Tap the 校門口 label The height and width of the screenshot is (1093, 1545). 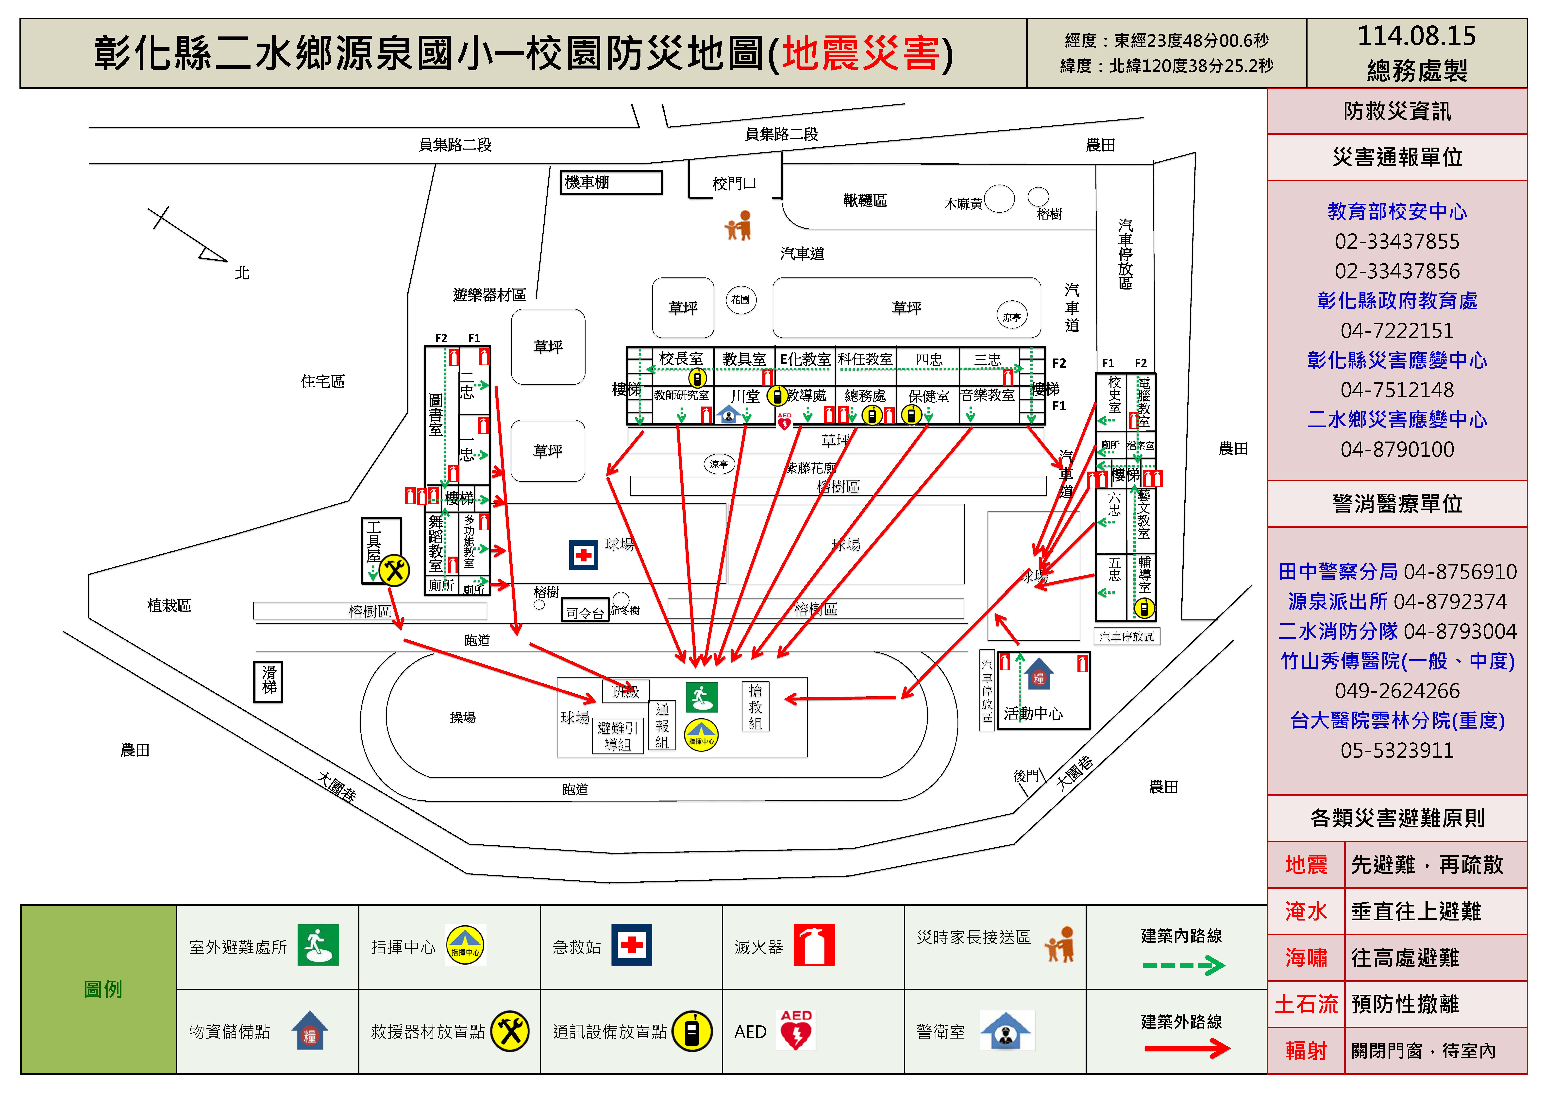734,183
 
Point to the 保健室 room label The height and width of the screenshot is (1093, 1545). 929,396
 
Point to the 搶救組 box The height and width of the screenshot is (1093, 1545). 755,707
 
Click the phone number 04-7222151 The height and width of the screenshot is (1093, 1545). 1397,330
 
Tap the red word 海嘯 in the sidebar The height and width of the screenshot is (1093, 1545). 1305,957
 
